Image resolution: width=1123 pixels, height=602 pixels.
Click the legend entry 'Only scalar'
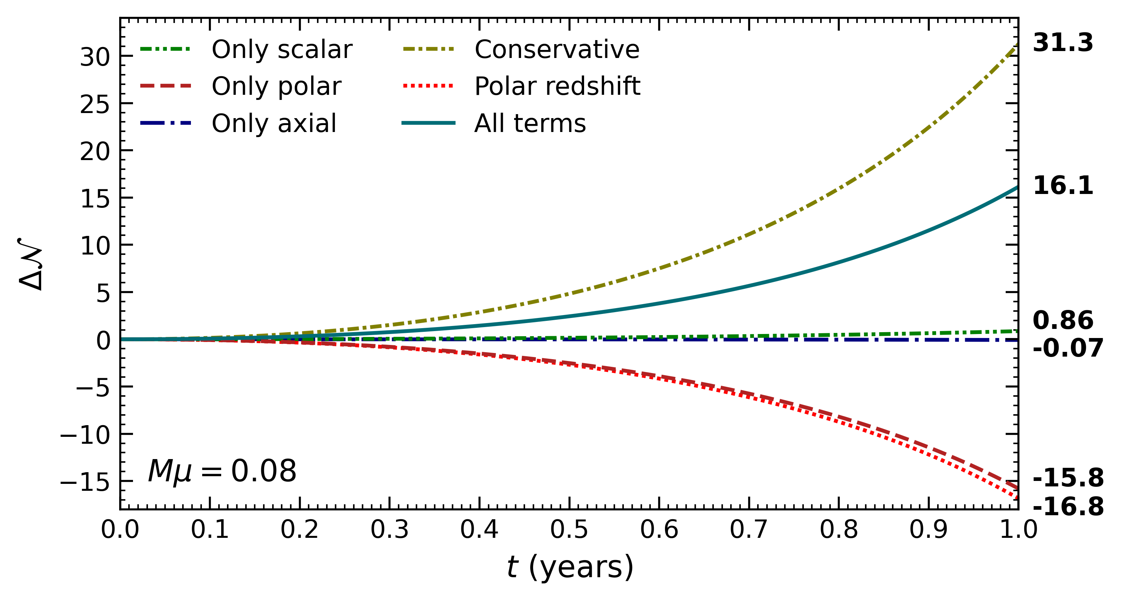282,49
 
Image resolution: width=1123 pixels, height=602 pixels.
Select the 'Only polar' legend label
277,86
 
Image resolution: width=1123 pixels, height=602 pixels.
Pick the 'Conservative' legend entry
557,49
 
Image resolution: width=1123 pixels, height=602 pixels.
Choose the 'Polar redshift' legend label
557,86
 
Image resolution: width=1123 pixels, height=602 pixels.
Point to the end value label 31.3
1063,43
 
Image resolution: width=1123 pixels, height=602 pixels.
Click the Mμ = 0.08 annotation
222,471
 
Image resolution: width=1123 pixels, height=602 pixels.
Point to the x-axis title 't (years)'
570,567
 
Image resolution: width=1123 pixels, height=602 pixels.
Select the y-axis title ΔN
31,264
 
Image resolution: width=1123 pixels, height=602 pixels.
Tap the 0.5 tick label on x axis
569,529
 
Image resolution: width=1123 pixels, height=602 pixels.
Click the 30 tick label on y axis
95,57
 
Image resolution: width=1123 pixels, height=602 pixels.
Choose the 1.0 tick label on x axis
1018,529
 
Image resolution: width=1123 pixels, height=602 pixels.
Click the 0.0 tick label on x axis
120,529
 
